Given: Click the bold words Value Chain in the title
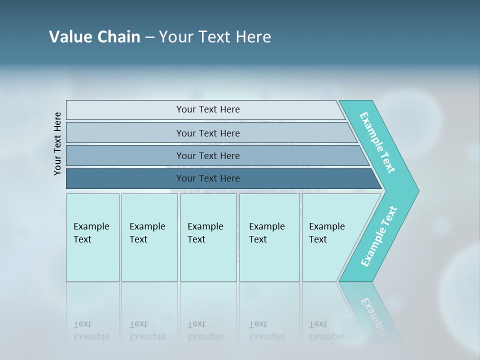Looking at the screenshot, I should (94, 37).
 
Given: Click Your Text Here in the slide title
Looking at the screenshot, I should (215, 37).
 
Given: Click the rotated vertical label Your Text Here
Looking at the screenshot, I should (57, 143).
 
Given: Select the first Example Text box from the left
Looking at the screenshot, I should (92, 237).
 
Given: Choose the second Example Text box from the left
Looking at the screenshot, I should (149, 237).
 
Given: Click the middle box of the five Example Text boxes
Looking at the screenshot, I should (208, 237).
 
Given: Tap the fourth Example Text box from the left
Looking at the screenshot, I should (269, 237).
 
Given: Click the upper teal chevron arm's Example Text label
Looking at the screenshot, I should (377, 142).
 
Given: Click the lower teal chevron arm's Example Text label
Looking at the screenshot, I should (379, 236).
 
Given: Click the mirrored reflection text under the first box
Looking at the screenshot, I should (91, 330).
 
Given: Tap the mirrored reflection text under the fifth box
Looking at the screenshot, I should (327, 330).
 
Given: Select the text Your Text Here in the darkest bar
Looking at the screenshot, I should (208, 178).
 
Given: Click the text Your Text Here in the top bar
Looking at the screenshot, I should (208, 109).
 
